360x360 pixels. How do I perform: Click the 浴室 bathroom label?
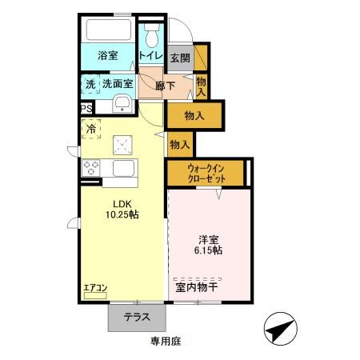[108, 57]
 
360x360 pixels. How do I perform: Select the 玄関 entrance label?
[180, 58]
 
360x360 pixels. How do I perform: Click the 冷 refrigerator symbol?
[91, 128]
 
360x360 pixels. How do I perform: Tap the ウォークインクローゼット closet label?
[206, 173]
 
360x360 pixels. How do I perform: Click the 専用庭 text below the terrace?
[166, 342]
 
